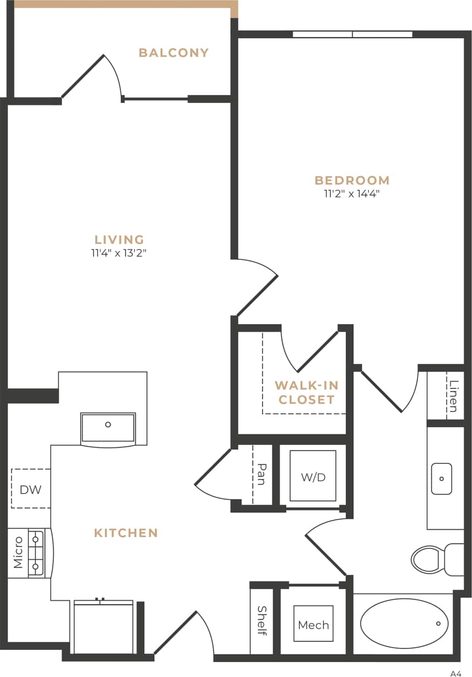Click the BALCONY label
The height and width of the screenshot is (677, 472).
[173, 53]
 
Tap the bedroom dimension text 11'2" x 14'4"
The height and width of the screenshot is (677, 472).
[352, 194]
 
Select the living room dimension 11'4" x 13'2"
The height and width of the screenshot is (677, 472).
[119, 253]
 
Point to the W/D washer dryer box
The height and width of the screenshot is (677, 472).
[313, 476]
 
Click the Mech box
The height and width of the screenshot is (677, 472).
[313, 625]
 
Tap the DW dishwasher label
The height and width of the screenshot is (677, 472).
[31, 489]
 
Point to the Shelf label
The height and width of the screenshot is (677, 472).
[262, 620]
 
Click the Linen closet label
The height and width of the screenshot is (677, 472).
[454, 396]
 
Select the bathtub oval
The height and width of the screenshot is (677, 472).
[404, 624]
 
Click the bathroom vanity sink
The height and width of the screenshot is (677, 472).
[441, 478]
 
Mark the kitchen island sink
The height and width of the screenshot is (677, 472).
[108, 427]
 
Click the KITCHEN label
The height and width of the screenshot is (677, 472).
[126, 533]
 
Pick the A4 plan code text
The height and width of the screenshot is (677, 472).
[456, 673]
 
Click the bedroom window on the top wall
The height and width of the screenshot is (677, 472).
[352, 35]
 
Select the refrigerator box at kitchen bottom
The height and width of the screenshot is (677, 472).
[103, 627]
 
